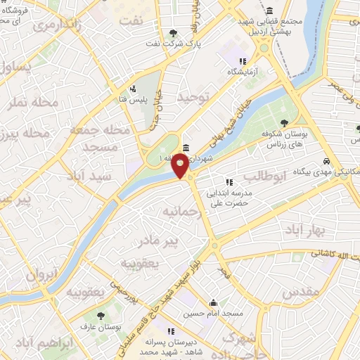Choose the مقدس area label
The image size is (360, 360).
point(301,290)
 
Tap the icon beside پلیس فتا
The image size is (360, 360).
point(132,89)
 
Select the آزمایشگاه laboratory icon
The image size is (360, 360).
point(243,61)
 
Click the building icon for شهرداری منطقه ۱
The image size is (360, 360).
point(185,148)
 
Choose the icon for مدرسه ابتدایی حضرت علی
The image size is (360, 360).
point(229,182)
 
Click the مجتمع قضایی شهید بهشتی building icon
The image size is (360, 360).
point(271,10)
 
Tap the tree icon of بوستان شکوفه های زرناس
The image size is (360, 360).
point(284,123)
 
